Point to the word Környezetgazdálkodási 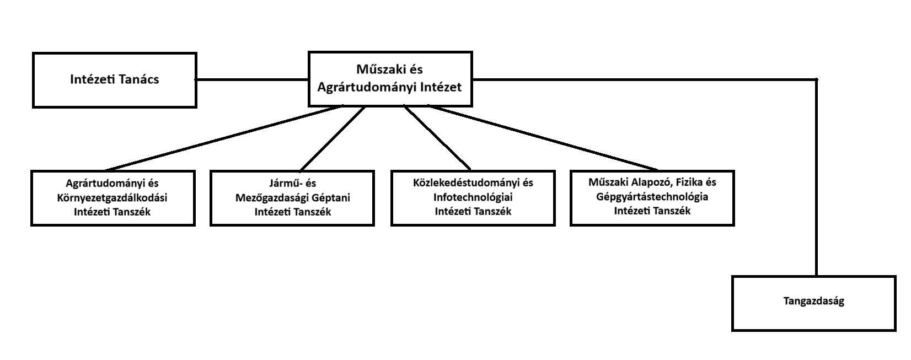(112, 197)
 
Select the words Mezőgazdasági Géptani (292, 197)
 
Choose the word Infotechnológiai (473, 197)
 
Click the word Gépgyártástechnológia (652, 196)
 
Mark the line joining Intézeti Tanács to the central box (252, 79)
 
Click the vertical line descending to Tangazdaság (816, 176)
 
